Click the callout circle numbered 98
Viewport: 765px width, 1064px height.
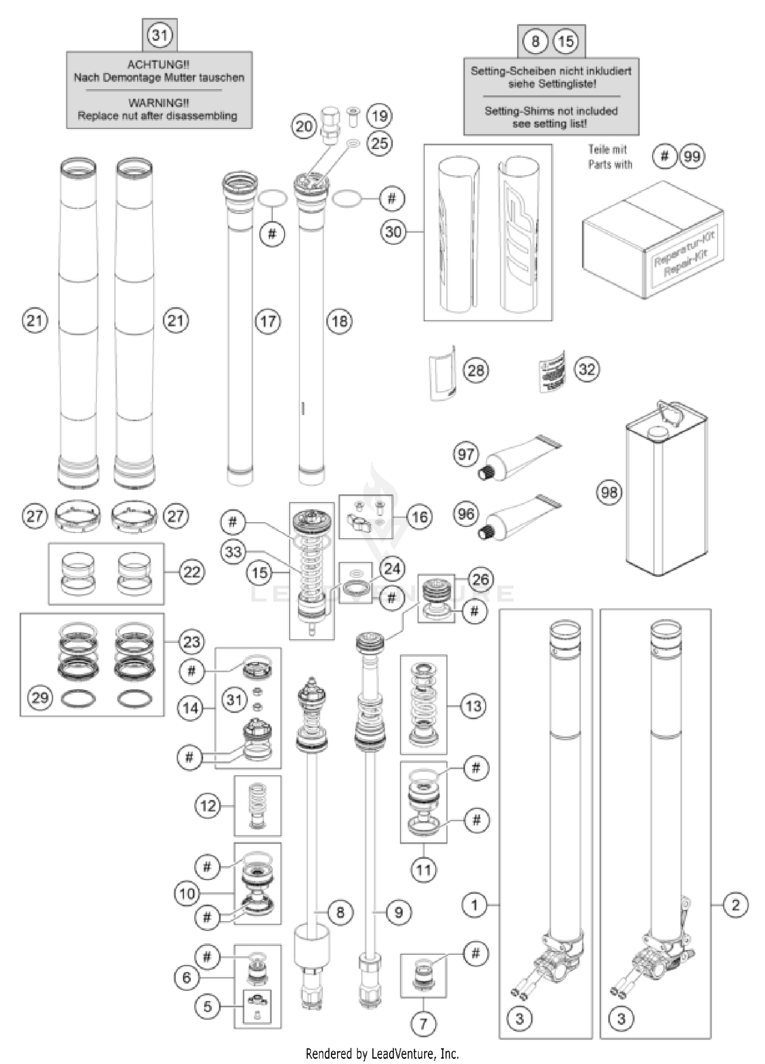[609, 492]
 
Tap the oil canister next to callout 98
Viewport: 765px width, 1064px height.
[666, 490]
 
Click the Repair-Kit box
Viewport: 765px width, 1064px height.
[653, 240]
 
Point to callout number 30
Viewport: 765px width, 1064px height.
[393, 232]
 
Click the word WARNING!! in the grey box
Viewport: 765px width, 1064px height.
[158, 103]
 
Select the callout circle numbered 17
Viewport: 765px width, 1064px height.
[268, 321]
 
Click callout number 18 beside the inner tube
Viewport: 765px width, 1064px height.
[340, 321]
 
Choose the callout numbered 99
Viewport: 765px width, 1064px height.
[692, 156]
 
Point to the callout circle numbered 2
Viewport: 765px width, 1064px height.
[735, 905]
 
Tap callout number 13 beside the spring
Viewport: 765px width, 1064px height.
[473, 706]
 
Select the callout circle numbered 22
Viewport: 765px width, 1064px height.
[192, 572]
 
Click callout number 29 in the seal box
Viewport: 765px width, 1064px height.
[40, 697]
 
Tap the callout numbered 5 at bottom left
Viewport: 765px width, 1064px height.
[207, 1006]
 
